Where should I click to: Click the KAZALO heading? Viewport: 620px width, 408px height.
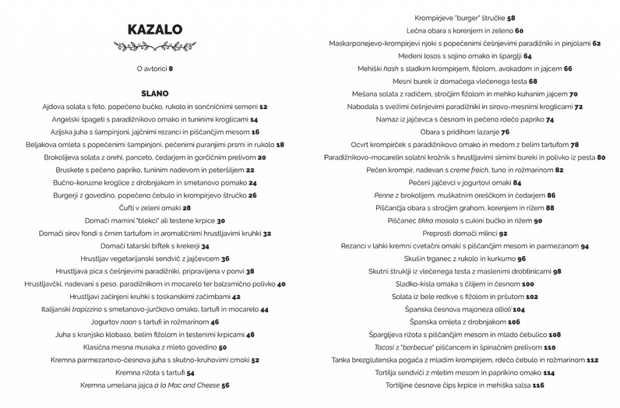tap(155, 30)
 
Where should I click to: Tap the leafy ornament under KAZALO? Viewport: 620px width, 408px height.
tap(155, 46)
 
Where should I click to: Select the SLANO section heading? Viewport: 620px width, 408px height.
tap(155, 94)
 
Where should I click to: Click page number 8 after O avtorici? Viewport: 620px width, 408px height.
tap(171, 68)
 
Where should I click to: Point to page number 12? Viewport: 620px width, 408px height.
tap(263, 107)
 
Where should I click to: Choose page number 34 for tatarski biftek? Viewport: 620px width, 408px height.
tap(205, 246)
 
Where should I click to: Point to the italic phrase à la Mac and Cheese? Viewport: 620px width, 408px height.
tap(186, 385)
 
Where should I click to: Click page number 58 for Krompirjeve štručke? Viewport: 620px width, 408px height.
tap(511, 18)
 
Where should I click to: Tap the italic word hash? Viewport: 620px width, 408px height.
tap(391, 69)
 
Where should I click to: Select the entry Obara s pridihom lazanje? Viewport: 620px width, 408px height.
tap(460, 132)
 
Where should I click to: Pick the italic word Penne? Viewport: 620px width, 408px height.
tap(384, 196)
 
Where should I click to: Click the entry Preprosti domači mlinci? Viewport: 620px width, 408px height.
tap(460, 233)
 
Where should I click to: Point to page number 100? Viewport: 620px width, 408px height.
tap(528, 284)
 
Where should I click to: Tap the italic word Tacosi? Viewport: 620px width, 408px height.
tap(386, 347)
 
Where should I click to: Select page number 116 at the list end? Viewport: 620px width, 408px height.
tap(538, 385)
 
